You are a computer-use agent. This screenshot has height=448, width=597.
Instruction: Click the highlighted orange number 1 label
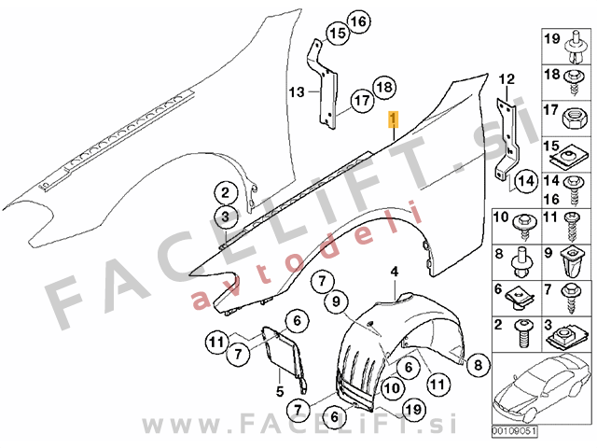tap(393, 119)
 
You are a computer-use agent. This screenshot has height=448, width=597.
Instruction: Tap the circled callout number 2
tap(226, 193)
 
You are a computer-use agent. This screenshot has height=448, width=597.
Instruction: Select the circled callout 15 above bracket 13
tap(338, 34)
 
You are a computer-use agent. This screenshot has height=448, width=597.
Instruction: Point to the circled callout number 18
tap(384, 87)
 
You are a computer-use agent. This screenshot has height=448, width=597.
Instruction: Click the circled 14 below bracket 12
tap(526, 181)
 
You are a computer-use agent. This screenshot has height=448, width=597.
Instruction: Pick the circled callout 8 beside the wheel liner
tap(478, 365)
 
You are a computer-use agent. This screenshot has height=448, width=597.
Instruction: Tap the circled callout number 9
tap(336, 301)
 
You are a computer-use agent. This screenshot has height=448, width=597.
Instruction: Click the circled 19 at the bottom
tap(413, 410)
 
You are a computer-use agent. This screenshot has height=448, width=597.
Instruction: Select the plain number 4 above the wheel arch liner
tap(395, 272)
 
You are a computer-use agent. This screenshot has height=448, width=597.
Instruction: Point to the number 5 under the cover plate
tap(280, 391)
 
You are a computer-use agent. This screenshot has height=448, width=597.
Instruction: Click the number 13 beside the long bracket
tap(297, 91)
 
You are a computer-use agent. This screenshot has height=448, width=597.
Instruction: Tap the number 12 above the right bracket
tap(507, 79)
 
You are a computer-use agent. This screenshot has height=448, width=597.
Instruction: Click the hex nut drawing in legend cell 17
tap(574, 118)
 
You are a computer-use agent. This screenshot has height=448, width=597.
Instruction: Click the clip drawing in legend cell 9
tap(571, 262)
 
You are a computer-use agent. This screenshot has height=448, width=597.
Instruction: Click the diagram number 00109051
tap(514, 431)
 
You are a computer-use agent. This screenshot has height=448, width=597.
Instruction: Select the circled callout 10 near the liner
tap(392, 388)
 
